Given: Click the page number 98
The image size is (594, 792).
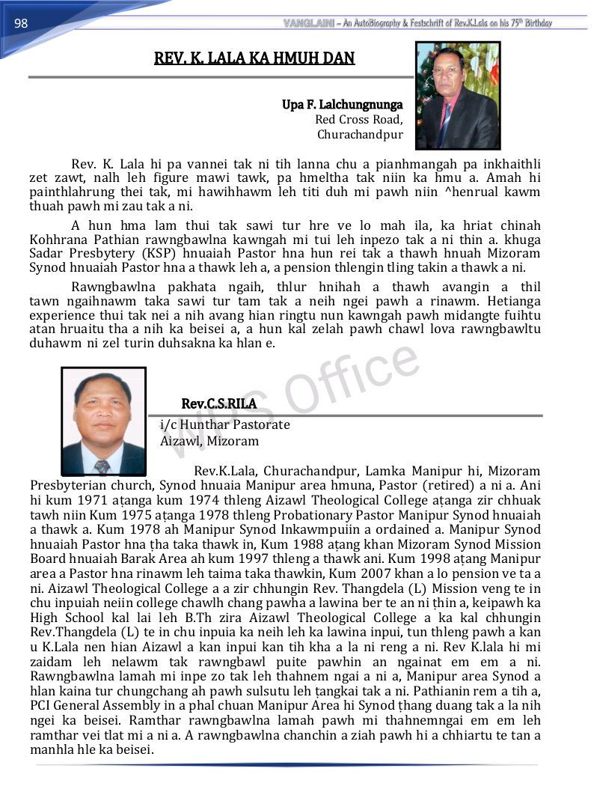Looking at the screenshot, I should (21, 23).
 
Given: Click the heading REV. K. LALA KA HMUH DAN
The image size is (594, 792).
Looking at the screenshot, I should (254, 58).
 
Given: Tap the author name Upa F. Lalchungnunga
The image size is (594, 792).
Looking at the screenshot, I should (342, 105).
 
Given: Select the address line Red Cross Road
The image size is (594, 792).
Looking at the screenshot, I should (358, 120).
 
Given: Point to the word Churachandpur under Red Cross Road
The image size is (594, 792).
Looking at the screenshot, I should (360, 135).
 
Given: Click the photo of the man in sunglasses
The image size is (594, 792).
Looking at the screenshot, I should (457, 96).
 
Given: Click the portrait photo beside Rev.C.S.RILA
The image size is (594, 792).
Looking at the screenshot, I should (103, 421).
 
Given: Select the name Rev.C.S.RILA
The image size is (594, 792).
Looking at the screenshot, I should (218, 404).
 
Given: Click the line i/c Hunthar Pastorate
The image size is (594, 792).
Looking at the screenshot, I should (225, 424).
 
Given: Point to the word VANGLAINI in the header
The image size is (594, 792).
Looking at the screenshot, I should (309, 23).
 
